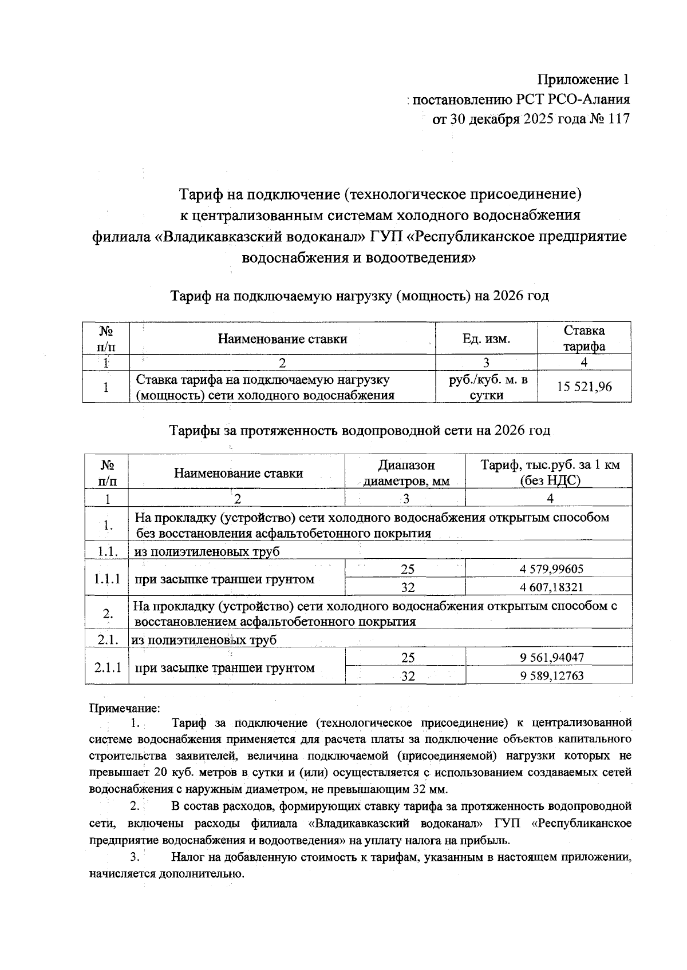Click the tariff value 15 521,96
click(x=585, y=387)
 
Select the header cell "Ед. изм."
click(x=486, y=339)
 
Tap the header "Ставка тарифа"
click(x=584, y=338)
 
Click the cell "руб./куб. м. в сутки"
click(x=486, y=387)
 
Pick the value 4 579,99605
click(x=551, y=569)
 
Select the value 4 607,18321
click(x=551, y=587)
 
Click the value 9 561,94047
click(x=551, y=658)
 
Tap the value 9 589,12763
click(x=551, y=676)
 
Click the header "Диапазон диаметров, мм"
click(x=406, y=473)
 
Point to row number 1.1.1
click(x=106, y=578)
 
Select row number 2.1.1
click(x=106, y=667)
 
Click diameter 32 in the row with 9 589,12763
click(x=408, y=676)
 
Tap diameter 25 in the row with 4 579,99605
click(x=407, y=569)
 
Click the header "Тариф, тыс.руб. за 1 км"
click(x=550, y=465)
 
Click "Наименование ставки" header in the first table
click(x=282, y=339)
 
